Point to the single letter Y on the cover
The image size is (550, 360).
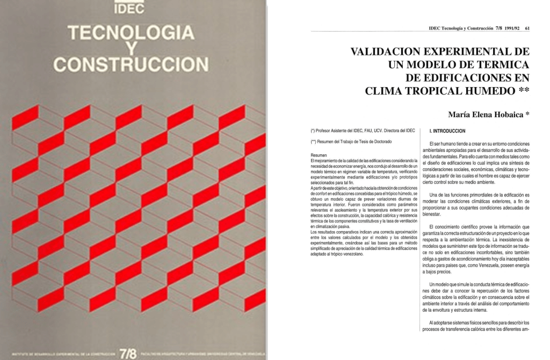click(x=129, y=49)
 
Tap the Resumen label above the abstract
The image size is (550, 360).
click(x=319, y=155)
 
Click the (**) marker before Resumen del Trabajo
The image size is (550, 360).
click(x=314, y=142)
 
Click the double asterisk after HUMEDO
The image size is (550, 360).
click(x=522, y=90)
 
